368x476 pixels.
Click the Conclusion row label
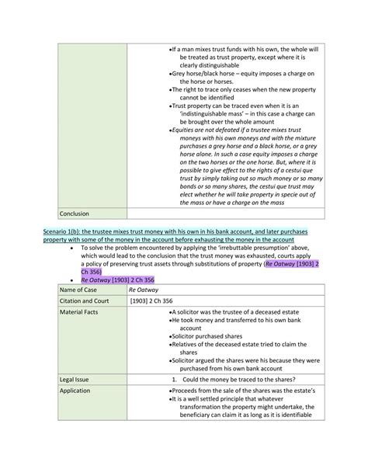[x=75, y=213]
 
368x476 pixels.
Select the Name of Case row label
[x=82, y=290]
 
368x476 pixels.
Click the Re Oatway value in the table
[x=147, y=290]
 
